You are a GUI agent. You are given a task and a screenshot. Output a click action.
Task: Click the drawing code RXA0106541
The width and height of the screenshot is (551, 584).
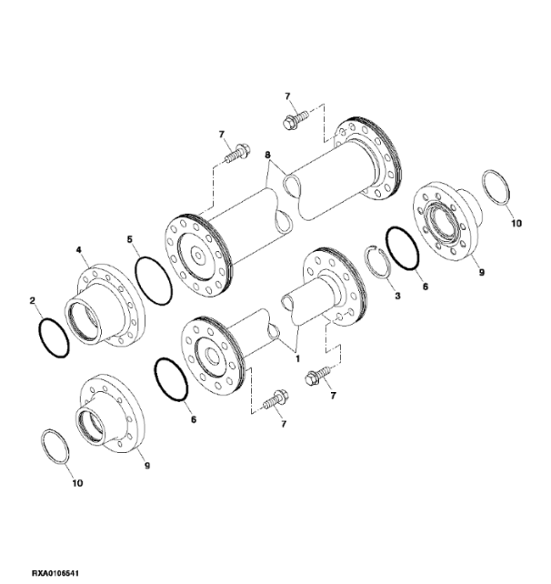coord(55,572)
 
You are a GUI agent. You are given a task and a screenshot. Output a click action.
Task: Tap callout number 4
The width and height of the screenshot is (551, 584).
coord(78,249)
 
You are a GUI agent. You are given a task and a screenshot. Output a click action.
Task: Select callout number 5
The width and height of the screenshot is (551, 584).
coord(129,239)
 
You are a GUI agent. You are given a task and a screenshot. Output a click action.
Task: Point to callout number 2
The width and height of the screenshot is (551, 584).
coord(33,300)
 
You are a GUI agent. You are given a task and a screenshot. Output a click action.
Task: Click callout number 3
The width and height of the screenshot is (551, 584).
coord(397,297)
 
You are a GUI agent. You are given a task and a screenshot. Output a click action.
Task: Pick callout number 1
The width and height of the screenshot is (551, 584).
coord(297,358)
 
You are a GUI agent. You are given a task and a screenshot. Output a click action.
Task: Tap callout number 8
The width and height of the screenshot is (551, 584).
coord(267,155)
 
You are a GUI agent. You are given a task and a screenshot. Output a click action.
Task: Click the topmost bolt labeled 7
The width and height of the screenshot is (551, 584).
coord(296,119)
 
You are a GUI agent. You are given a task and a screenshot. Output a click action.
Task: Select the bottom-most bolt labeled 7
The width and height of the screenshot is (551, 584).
coord(275,399)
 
